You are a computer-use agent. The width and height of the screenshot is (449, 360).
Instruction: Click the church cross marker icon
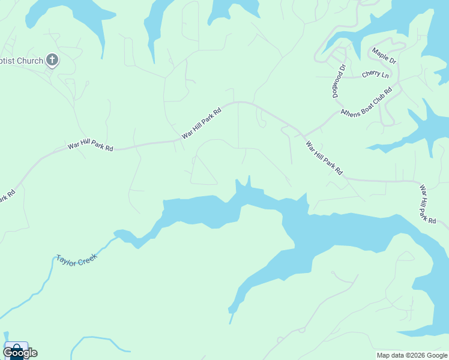pos(52,60)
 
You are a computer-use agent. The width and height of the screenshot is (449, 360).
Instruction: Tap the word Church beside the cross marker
pos(29,61)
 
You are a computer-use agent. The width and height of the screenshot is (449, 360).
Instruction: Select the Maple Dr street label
pos(384,56)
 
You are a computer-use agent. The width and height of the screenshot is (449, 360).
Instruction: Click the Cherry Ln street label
pos(375,75)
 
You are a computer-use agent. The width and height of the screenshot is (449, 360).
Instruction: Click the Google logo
pos(20,353)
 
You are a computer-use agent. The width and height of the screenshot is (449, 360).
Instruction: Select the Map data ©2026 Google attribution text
pos(412,355)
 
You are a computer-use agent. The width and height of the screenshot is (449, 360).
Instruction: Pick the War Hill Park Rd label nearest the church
pos(90,146)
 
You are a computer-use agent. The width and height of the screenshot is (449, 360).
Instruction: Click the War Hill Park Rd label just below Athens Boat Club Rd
pos(324,158)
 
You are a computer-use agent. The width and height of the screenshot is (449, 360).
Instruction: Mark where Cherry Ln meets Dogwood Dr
pos(343,77)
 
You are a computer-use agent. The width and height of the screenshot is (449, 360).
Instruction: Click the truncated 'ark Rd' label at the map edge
pos(7,196)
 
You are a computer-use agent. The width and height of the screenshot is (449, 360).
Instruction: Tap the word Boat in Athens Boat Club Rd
pos(366,102)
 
